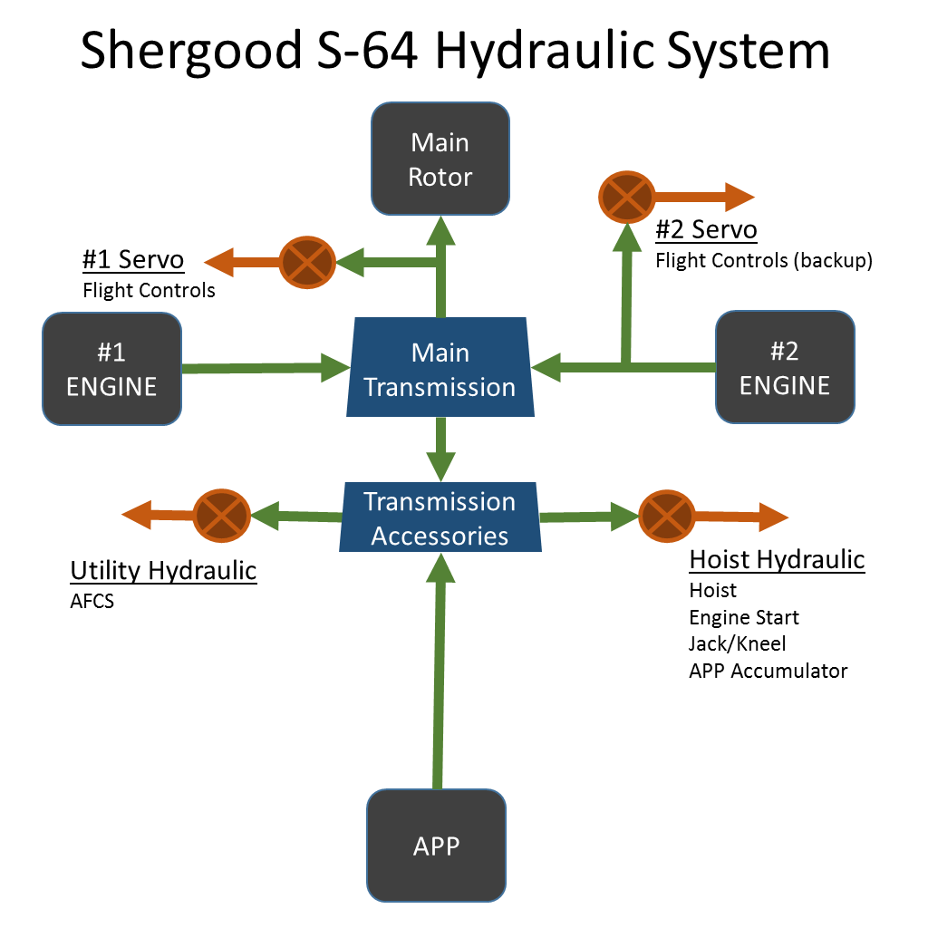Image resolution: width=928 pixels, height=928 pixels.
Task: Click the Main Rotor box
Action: point(440,159)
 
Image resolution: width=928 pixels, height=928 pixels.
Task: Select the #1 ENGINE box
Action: point(111,369)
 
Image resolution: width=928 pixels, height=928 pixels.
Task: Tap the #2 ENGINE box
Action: point(785,367)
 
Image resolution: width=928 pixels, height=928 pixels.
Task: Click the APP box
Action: point(436,846)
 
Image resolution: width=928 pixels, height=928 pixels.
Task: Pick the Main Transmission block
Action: point(440,369)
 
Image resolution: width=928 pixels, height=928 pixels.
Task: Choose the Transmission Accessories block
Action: point(440,518)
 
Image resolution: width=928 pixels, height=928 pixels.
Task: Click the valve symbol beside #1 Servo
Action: point(308,263)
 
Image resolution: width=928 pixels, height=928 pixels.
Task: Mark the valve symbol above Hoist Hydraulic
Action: point(666,517)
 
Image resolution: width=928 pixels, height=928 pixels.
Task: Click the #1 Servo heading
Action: point(133,261)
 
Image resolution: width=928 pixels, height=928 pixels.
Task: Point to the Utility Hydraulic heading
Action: point(163,571)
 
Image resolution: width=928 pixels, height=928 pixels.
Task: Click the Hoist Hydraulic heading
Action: point(777,560)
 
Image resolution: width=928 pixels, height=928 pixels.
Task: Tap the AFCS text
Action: point(92,601)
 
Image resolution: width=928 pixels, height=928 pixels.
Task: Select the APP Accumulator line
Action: point(768,672)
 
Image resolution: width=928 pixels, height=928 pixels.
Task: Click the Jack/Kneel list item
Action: point(737,644)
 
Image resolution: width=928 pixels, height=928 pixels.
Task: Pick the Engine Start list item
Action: point(744,618)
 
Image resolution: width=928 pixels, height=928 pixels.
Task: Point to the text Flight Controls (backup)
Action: point(763,261)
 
